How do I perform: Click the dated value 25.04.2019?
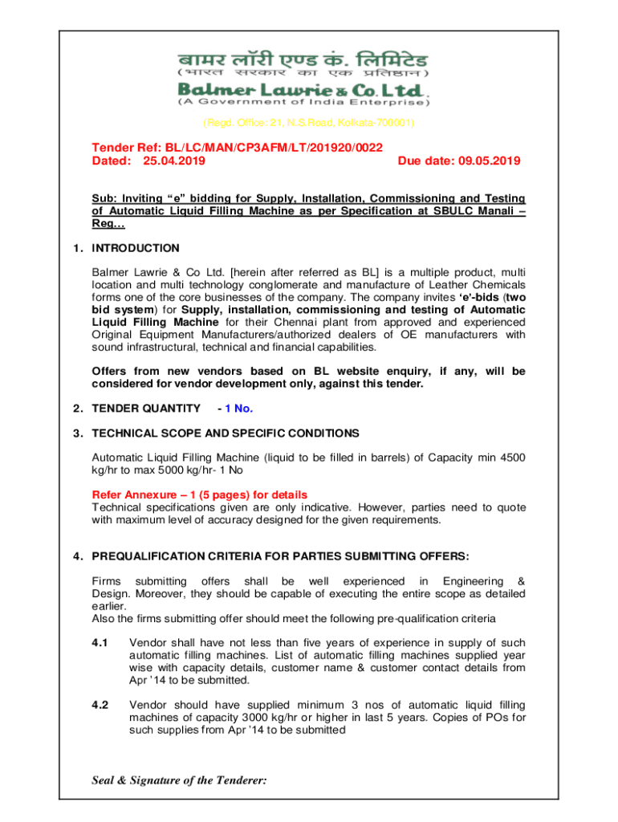[x=174, y=161]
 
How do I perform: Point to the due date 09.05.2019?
[x=490, y=161]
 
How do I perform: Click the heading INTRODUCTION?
[x=136, y=248]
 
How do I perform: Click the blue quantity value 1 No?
[x=239, y=408]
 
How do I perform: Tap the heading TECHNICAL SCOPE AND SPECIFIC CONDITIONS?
[x=226, y=433]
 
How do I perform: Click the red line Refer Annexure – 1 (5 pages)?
[x=200, y=494]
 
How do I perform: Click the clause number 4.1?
[x=100, y=642]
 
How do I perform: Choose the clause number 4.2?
[x=100, y=705]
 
